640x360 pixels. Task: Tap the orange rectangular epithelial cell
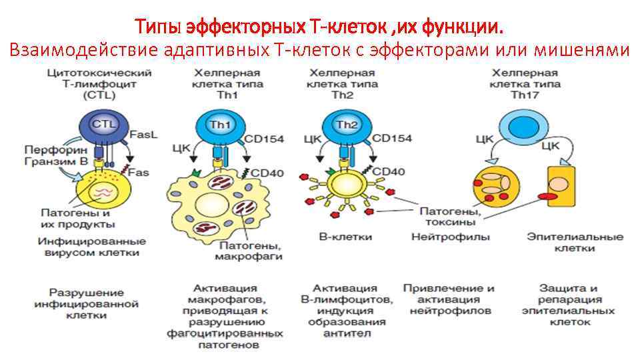coord(560,185)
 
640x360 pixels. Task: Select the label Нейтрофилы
coord(451,237)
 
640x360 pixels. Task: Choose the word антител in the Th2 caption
coord(345,333)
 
